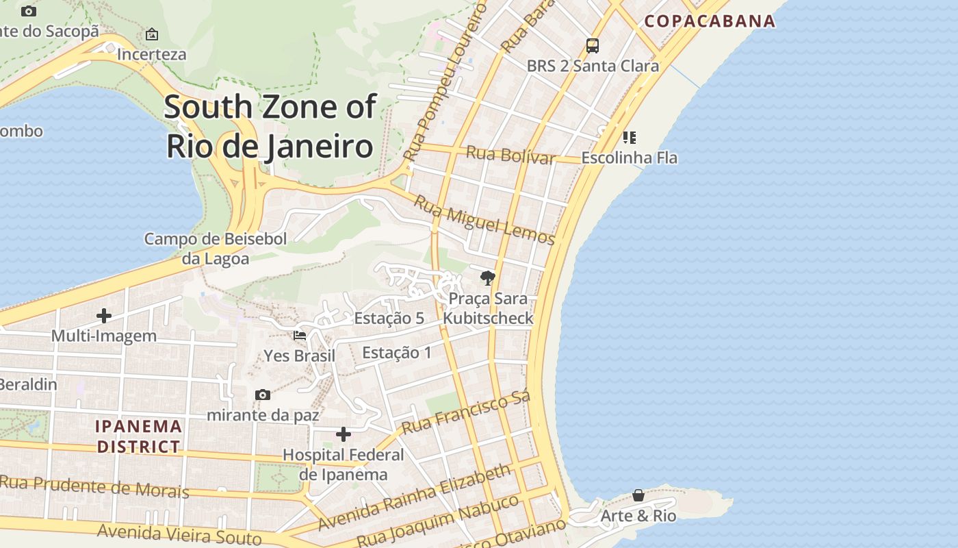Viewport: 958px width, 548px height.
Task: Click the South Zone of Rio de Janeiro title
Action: [270, 127]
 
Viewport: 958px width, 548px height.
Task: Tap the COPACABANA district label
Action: [710, 21]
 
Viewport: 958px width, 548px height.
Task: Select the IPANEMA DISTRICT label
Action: [139, 436]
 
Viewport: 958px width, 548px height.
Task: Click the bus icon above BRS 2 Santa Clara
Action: [593, 46]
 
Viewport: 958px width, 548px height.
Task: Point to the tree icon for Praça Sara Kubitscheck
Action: [488, 278]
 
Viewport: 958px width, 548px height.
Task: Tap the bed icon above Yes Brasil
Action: [300, 336]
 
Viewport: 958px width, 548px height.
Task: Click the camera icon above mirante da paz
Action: [262, 395]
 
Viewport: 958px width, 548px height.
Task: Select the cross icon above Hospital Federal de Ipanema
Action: [344, 434]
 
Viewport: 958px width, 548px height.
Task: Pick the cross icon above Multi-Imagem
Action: [104, 316]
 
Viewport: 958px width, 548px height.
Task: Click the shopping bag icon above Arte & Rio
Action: [638, 495]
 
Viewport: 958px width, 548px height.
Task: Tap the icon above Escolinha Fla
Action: [630, 138]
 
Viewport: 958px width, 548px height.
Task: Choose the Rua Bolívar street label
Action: [510, 155]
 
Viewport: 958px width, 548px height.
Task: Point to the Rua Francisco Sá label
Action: [466, 414]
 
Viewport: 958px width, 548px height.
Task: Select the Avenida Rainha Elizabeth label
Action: [415, 497]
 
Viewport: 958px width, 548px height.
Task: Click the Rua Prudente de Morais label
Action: [94, 486]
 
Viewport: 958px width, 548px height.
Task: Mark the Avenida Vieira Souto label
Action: [179, 534]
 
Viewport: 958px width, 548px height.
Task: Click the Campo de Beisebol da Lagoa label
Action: [216, 249]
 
